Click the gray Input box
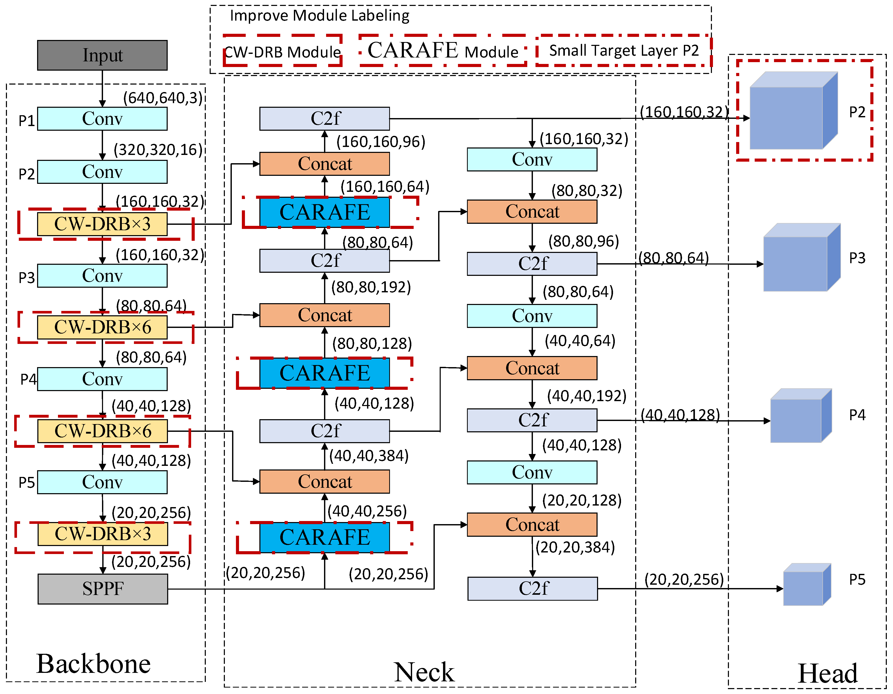pos(102,55)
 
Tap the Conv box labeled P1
pos(102,119)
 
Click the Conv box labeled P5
pos(102,482)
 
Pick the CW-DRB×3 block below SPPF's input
pos(103,534)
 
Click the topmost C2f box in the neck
pos(324,119)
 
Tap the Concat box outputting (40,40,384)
pos(324,482)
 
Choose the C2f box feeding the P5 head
pos(532,588)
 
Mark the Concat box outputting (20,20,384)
pos(532,525)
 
